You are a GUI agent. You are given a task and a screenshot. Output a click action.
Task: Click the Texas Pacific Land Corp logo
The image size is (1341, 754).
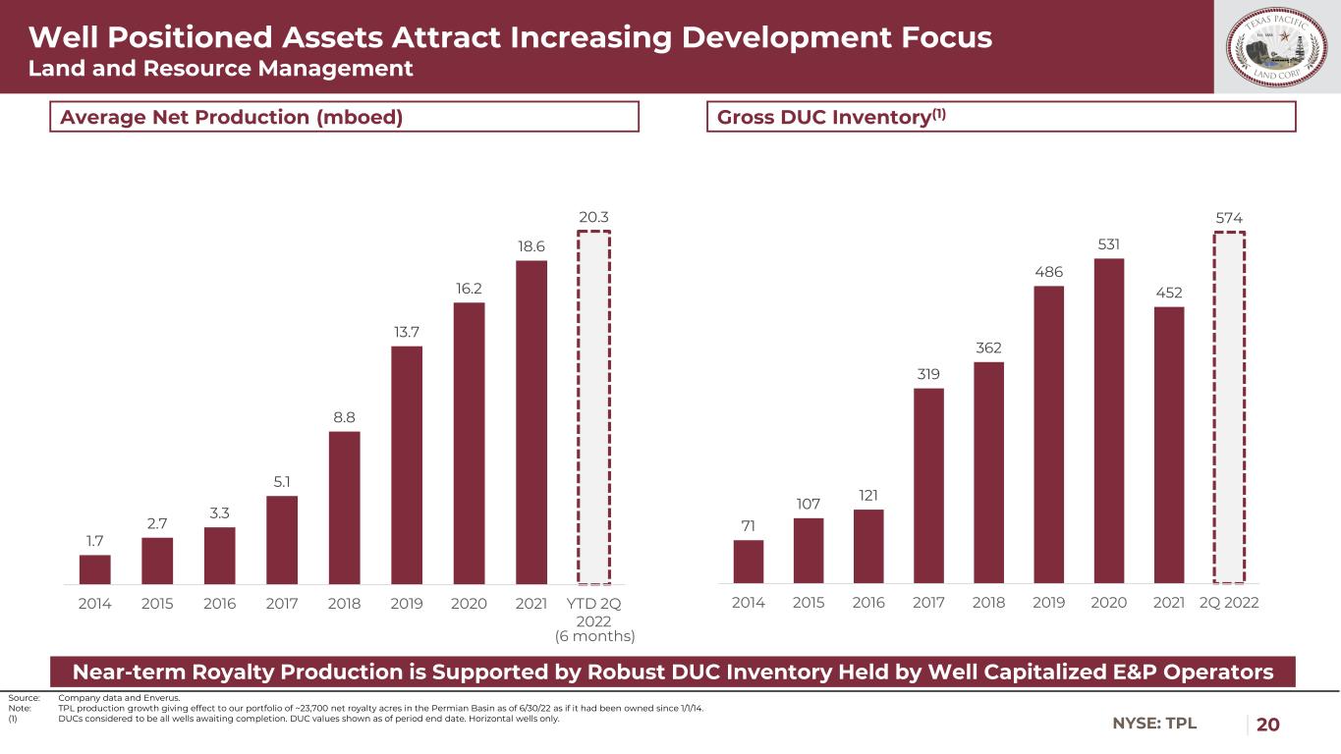tap(1276, 47)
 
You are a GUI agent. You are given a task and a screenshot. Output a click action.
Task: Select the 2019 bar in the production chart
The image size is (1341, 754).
tap(407, 464)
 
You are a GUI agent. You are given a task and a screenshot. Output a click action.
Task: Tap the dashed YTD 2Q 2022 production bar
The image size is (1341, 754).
tap(593, 407)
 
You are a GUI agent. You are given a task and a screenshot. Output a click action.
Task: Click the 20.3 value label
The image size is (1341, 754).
tap(593, 216)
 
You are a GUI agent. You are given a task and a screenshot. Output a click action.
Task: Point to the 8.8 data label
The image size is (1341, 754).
tap(344, 417)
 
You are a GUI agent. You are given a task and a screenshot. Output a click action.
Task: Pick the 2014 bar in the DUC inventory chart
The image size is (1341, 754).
tap(749, 562)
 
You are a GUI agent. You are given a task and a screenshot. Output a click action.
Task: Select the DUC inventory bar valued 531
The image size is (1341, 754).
tap(1108, 420)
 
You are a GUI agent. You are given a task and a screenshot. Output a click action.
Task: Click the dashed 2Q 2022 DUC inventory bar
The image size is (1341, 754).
tap(1229, 407)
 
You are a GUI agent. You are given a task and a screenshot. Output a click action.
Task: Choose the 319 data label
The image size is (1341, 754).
tap(928, 374)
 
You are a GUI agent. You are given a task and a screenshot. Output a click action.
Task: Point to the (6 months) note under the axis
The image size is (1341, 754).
tap(594, 636)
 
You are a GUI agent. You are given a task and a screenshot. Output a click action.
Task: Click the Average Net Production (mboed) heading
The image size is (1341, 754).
tap(232, 117)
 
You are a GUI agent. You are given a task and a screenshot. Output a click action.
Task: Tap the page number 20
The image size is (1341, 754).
tap(1268, 725)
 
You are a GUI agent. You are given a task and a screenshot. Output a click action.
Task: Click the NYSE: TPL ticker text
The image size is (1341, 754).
tap(1155, 725)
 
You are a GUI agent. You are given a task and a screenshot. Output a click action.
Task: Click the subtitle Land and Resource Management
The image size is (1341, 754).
tap(220, 69)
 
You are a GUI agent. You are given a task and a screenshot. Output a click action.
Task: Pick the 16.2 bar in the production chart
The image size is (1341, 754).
tap(469, 443)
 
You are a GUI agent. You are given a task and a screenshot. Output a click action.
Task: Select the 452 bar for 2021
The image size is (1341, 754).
tap(1169, 445)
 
